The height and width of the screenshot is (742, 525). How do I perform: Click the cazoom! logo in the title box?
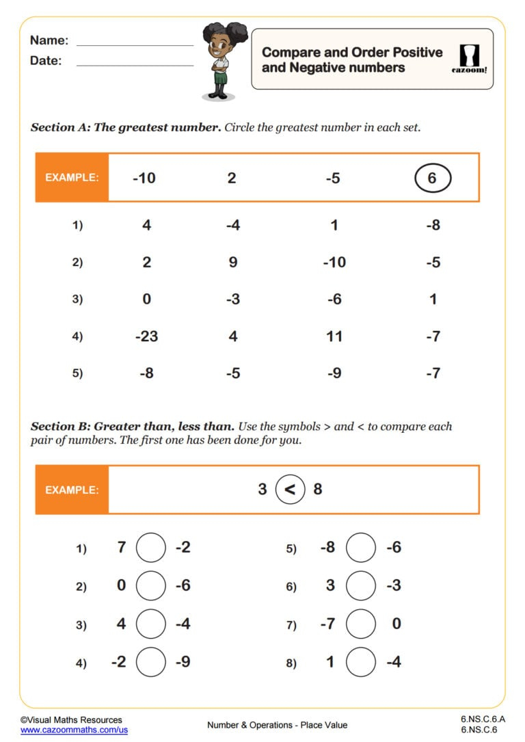click(470, 59)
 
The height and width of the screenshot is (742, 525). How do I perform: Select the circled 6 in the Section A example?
click(433, 178)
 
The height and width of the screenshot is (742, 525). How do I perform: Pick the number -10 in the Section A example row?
click(144, 178)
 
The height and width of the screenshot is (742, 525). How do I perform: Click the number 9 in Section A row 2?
click(232, 263)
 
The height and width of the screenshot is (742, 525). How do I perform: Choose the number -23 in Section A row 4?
click(147, 336)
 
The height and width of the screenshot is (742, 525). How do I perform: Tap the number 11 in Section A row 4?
click(334, 336)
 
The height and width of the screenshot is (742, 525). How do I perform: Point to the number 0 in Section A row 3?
click(147, 300)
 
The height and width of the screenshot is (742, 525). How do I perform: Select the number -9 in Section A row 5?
click(334, 373)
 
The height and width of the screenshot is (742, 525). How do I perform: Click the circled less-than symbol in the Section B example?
click(290, 490)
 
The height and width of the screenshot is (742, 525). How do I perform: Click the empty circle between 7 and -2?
click(151, 548)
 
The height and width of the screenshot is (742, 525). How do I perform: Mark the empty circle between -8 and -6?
click(361, 548)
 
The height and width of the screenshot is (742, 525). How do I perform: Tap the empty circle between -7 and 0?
click(361, 624)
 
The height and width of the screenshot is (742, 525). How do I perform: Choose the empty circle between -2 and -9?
click(151, 662)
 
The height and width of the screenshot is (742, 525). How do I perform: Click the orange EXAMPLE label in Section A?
click(72, 178)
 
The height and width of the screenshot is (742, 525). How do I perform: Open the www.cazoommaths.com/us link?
click(74, 730)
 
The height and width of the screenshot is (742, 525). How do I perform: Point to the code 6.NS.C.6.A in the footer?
click(483, 719)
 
